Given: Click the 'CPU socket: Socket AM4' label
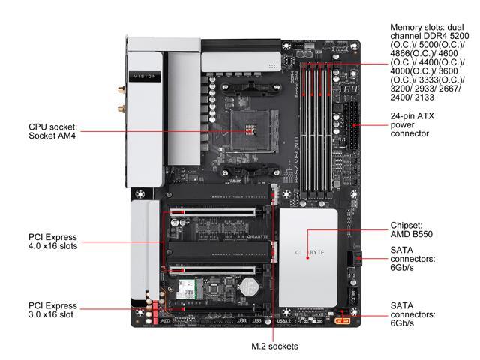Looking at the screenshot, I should tap(52, 131).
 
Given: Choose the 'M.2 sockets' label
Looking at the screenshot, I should tap(274, 346).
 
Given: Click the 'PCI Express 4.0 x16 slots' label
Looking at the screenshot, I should tap(52, 242).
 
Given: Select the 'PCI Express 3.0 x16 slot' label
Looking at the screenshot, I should tap(52, 310).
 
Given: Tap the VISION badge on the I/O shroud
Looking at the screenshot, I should tap(144, 76).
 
